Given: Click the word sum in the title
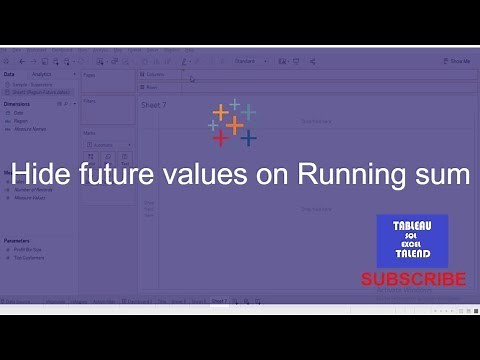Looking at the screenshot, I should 441,173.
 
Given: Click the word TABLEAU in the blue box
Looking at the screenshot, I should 412,225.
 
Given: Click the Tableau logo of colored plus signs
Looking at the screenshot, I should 233,122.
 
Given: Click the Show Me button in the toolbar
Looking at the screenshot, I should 457,61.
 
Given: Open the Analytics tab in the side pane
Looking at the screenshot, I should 43,74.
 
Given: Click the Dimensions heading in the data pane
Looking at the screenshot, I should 17,102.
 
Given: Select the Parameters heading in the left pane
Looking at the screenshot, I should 18,240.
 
